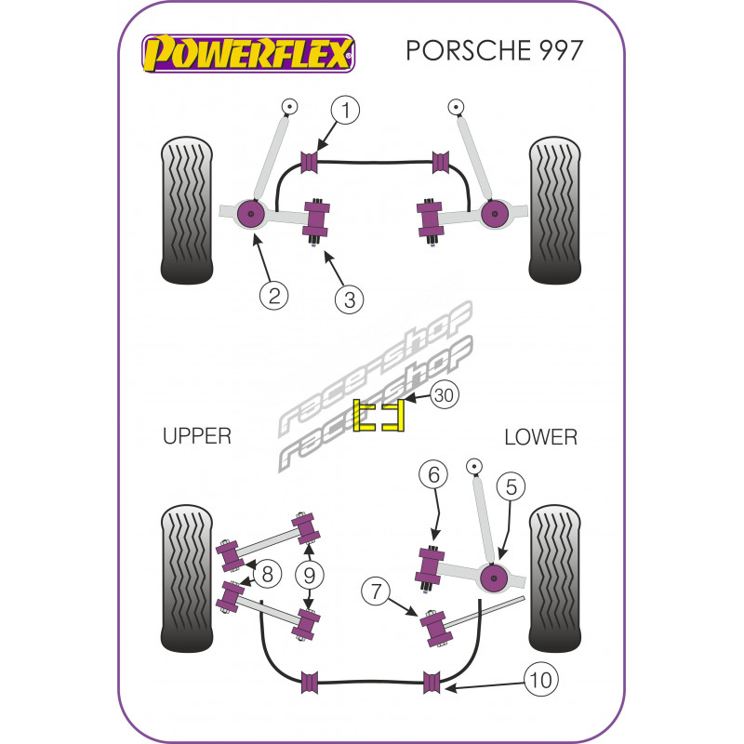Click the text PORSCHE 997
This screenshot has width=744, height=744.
tap(495, 50)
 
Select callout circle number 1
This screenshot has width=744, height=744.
tap(345, 112)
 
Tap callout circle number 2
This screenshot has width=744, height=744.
tap(274, 296)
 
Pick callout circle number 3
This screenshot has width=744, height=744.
tap(348, 299)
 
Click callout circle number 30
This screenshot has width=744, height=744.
tap(445, 395)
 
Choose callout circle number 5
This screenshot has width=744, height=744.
tap(511, 485)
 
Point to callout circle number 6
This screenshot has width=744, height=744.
tap(432, 475)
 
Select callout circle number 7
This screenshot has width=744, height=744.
tap(375, 590)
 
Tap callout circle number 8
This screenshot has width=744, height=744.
tap(267, 575)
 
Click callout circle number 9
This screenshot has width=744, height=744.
tap(309, 575)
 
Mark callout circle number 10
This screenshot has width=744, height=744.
tap(542, 680)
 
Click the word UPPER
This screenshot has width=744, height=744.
tap(196, 436)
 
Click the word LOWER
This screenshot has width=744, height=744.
tap(540, 436)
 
